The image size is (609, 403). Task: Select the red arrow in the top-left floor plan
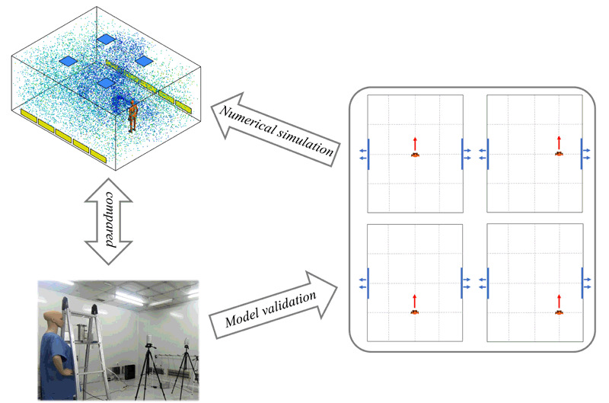click(415, 142)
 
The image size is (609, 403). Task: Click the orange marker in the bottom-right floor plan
click(559, 312)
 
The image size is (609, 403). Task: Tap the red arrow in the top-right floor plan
click(559, 142)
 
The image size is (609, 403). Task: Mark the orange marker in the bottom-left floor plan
click(415, 312)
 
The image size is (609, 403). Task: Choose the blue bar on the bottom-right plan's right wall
click(582, 282)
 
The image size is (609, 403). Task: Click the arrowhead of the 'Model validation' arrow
click(329, 283)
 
